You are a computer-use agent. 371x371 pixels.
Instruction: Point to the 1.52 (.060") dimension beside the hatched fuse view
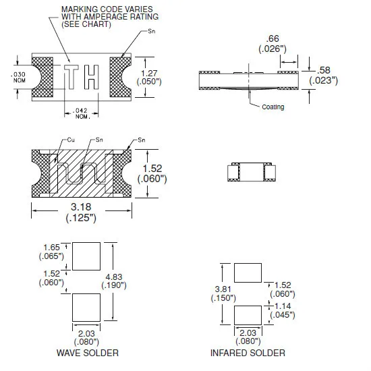tap(156, 173)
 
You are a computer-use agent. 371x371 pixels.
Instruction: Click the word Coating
tap(273, 107)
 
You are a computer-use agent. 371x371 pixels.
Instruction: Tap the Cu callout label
tap(70, 140)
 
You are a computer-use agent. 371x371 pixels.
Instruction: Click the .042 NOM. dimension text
tap(81, 114)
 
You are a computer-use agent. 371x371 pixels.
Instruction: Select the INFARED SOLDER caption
tap(248, 353)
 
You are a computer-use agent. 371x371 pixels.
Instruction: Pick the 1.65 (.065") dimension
tap(53, 252)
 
